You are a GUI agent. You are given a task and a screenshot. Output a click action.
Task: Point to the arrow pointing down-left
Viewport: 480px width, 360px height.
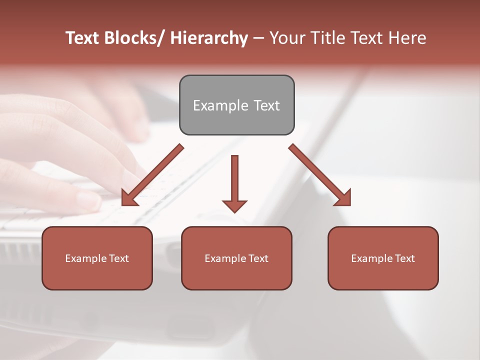152,175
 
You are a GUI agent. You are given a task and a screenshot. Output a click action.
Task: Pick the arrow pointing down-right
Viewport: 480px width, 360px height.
320,175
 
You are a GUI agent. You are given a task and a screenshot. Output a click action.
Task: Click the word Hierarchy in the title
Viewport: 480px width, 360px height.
209,38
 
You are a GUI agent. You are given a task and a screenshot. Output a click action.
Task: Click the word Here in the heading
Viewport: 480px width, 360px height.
407,38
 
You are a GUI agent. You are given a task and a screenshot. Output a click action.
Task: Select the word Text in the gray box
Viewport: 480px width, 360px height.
266,105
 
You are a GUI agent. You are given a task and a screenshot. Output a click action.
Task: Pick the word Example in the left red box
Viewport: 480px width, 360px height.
85,258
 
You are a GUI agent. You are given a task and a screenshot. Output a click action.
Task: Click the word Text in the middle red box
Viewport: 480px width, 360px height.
257,258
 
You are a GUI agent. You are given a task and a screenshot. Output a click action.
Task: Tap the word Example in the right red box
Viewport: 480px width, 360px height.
371,258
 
